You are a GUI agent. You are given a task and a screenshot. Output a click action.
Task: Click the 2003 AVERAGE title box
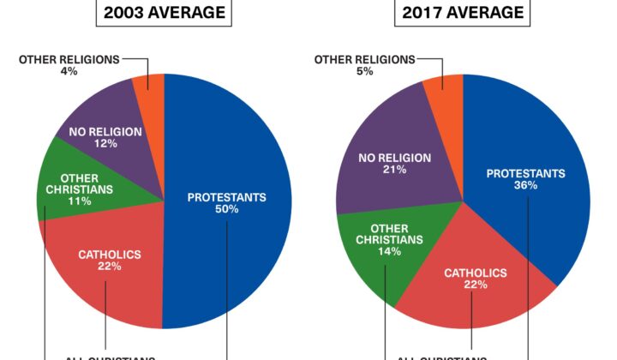tap(165, 13)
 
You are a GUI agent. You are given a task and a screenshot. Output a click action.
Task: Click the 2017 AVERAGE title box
tap(462, 13)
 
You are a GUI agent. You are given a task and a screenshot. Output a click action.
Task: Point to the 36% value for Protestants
tap(525, 185)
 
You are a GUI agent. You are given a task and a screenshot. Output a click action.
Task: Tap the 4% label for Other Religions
tap(69, 71)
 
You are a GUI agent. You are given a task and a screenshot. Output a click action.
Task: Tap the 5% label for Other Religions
tap(365, 71)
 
